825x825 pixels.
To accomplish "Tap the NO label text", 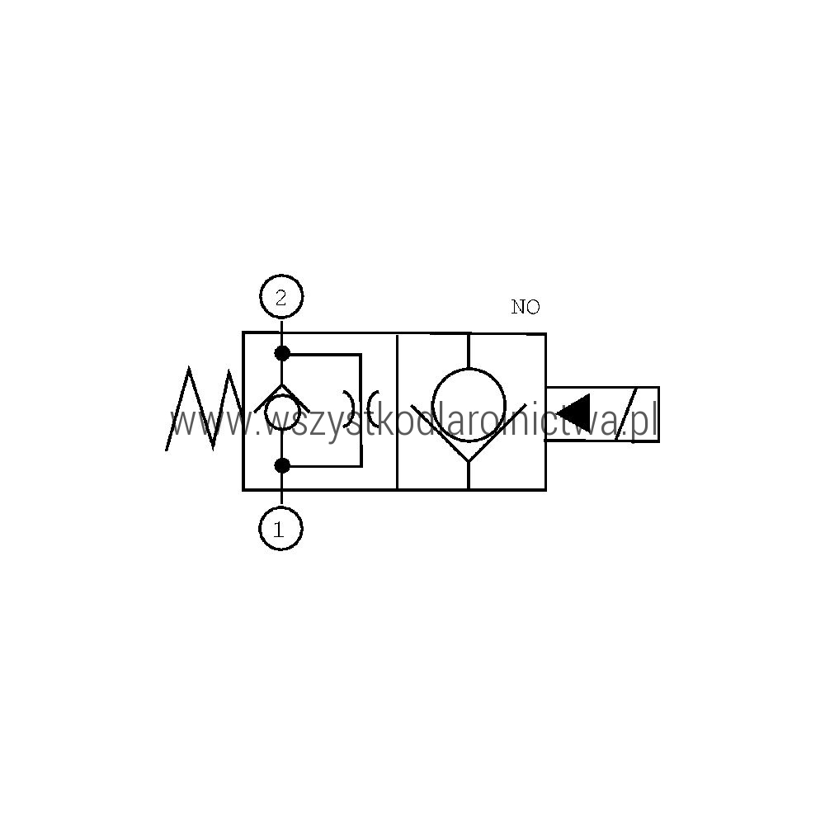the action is point(525,307).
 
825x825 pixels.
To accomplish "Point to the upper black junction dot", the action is point(282,354).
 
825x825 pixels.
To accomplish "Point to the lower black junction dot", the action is point(282,465).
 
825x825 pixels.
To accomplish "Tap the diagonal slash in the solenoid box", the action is point(627,413).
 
